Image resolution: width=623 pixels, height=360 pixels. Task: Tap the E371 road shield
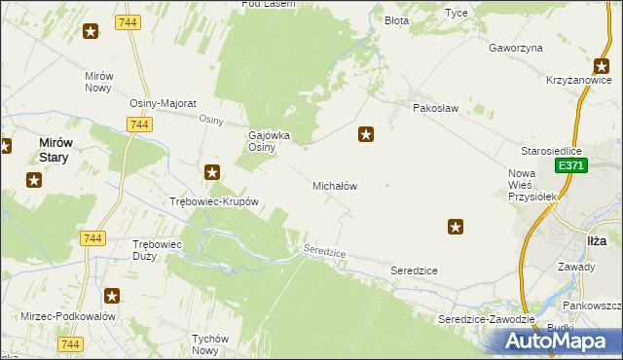point(571,167)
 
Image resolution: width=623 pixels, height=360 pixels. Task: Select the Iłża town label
point(597,240)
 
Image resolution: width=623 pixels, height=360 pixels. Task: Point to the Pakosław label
point(435,108)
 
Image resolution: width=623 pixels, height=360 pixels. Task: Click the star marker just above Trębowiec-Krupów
point(212,173)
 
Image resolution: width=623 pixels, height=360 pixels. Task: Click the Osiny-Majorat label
point(164,103)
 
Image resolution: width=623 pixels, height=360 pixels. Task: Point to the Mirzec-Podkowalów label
point(68,316)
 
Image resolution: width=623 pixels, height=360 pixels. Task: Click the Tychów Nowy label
point(209,344)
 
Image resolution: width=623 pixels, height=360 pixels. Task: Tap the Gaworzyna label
point(516,48)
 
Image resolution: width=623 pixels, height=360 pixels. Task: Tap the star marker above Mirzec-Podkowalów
point(112,295)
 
